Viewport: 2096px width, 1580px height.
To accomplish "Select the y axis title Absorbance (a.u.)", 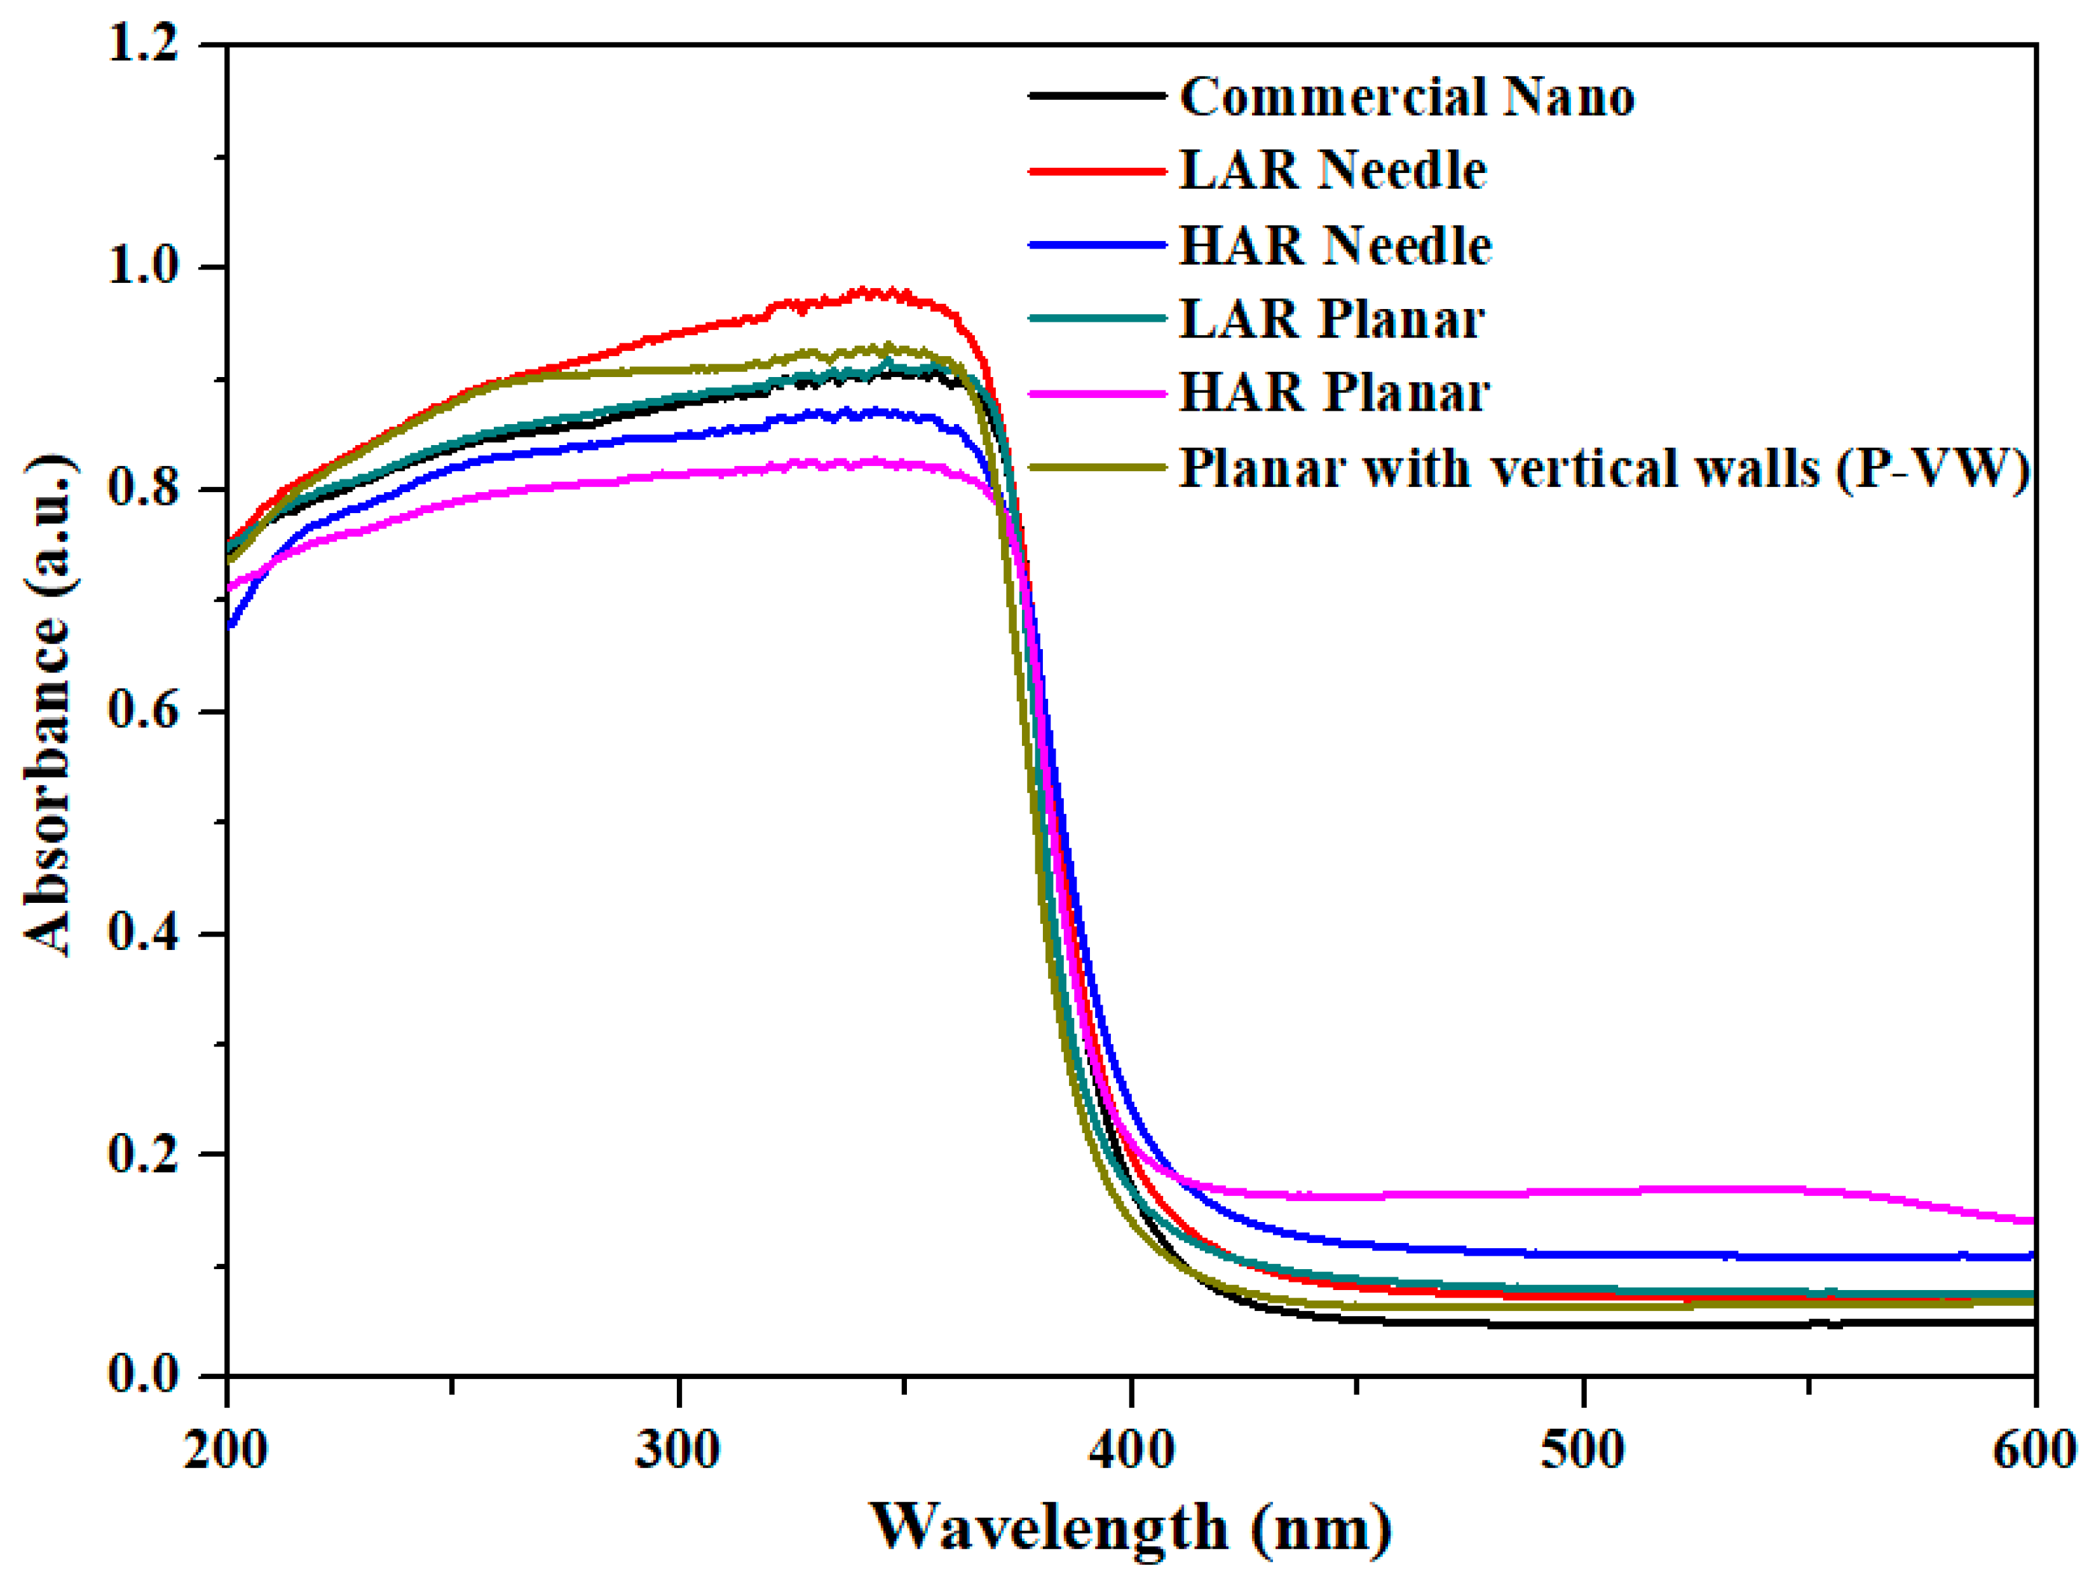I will click(48, 706).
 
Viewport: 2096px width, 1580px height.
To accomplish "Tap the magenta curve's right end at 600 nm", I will click(2032, 1221).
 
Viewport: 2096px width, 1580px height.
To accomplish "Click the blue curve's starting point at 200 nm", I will click(230, 626).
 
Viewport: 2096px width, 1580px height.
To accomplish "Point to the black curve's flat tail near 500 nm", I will click(1583, 1324).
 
